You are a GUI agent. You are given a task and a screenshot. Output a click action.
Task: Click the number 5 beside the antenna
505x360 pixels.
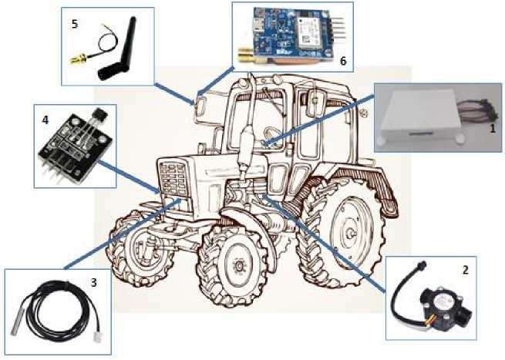[x=75, y=24]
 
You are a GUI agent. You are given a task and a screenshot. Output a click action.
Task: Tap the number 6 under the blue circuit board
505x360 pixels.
[x=343, y=61]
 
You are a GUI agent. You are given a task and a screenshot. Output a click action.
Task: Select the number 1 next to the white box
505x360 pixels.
[x=492, y=129]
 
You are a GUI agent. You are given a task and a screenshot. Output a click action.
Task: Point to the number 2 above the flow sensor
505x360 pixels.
[x=465, y=271]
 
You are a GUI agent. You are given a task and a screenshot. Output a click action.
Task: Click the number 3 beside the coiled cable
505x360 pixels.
[x=94, y=282]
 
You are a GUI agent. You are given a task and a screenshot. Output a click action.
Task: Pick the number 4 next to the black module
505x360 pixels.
[x=45, y=119]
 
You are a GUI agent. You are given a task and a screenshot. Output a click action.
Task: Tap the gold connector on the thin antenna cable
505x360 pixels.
[x=78, y=59]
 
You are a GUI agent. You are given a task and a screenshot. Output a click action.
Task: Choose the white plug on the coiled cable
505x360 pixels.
[x=97, y=337]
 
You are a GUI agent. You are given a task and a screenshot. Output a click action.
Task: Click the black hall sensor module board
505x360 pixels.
[x=75, y=145]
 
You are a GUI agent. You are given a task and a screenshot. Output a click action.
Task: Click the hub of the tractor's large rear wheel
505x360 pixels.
[x=351, y=233]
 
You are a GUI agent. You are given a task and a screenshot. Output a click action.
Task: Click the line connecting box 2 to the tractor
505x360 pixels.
[x=324, y=243]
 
